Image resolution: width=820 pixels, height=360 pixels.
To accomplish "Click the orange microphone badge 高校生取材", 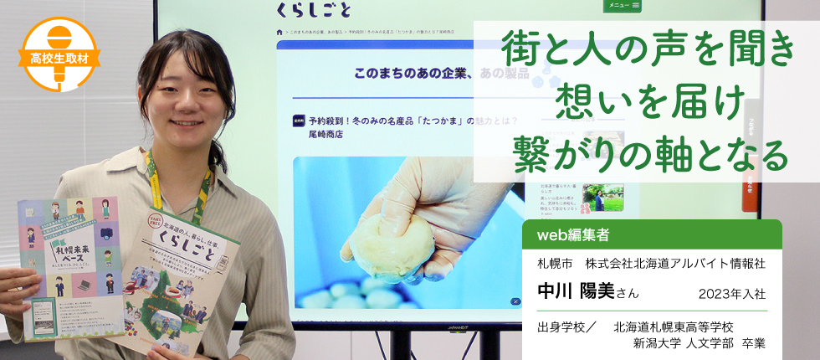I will pos(59,53).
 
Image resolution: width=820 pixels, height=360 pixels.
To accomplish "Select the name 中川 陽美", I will pos(577,291).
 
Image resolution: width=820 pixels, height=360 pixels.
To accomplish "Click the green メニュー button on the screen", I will pos(623,6).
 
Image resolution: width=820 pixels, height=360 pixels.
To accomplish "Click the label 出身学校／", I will pos(567,327).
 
